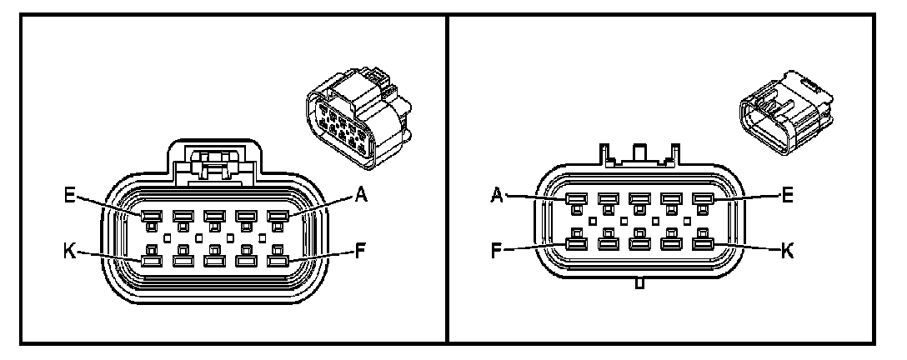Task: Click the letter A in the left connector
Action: click(x=361, y=196)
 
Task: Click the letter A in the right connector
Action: click(x=498, y=197)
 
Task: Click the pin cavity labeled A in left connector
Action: click(x=277, y=217)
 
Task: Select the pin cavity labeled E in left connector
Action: click(x=150, y=217)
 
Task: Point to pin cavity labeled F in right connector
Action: click(x=575, y=245)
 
